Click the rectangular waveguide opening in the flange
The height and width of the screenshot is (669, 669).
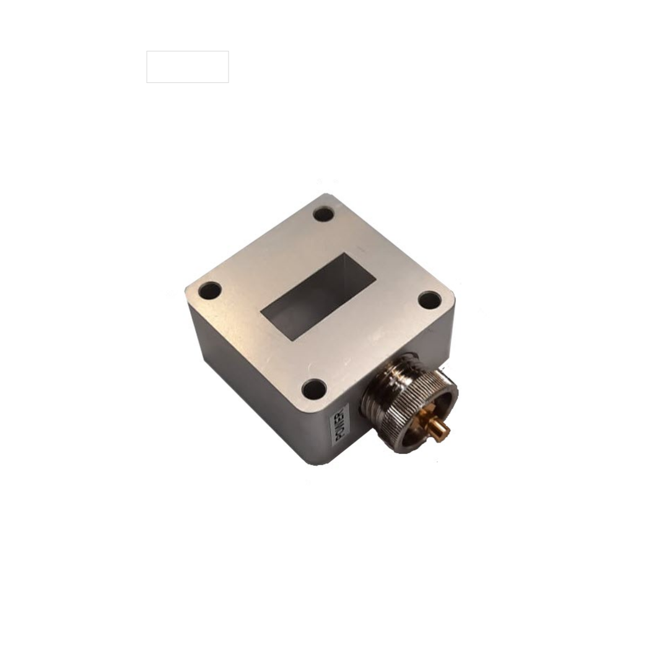point(318,297)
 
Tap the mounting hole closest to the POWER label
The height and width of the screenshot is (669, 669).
point(314,389)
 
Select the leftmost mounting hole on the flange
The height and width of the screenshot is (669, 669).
point(210,290)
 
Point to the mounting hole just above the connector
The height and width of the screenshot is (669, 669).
point(429,300)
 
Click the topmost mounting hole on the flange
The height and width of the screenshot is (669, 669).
point(323,214)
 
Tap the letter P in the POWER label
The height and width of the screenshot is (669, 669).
point(340,437)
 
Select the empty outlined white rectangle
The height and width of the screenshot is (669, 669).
point(188,67)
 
